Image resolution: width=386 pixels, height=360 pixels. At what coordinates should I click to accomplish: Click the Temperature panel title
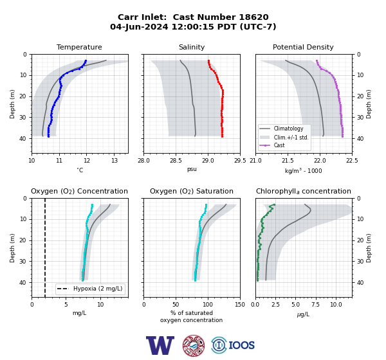pos(79,47)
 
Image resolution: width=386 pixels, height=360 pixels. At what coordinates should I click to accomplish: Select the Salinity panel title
pos(192,47)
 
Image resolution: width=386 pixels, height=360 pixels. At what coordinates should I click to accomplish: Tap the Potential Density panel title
pos(303,47)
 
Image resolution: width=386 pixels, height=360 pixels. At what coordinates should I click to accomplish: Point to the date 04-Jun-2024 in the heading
pos(139,26)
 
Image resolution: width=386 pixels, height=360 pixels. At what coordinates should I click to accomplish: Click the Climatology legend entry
pos(284,129)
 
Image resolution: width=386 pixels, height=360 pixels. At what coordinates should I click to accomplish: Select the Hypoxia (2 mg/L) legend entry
pos(89,289)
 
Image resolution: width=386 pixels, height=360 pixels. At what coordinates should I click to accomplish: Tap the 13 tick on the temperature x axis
pos(115,161)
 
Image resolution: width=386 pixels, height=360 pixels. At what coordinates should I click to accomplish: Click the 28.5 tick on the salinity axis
pos(176,161)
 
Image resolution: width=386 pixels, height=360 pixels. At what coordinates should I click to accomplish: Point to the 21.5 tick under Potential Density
pos(288,161)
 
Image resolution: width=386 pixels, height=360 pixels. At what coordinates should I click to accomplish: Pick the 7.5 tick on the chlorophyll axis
pos(315,304)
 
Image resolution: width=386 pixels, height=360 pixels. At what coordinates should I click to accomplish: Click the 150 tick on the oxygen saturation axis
pos(240,304)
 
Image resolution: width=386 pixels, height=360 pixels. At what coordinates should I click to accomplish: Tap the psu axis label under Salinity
pos(192,169)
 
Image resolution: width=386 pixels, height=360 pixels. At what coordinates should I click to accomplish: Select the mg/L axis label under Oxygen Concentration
pos(79,313)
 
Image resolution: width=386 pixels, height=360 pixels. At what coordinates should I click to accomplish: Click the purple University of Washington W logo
pos(160,345)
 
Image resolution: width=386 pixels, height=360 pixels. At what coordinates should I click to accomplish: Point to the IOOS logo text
pos(241,345)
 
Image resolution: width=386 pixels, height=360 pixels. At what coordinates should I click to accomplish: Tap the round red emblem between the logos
pos(194,345)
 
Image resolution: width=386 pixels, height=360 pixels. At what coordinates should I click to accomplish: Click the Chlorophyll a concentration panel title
pos(303,191)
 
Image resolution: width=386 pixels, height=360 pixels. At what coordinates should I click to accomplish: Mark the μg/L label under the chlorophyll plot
pos(303,314)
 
